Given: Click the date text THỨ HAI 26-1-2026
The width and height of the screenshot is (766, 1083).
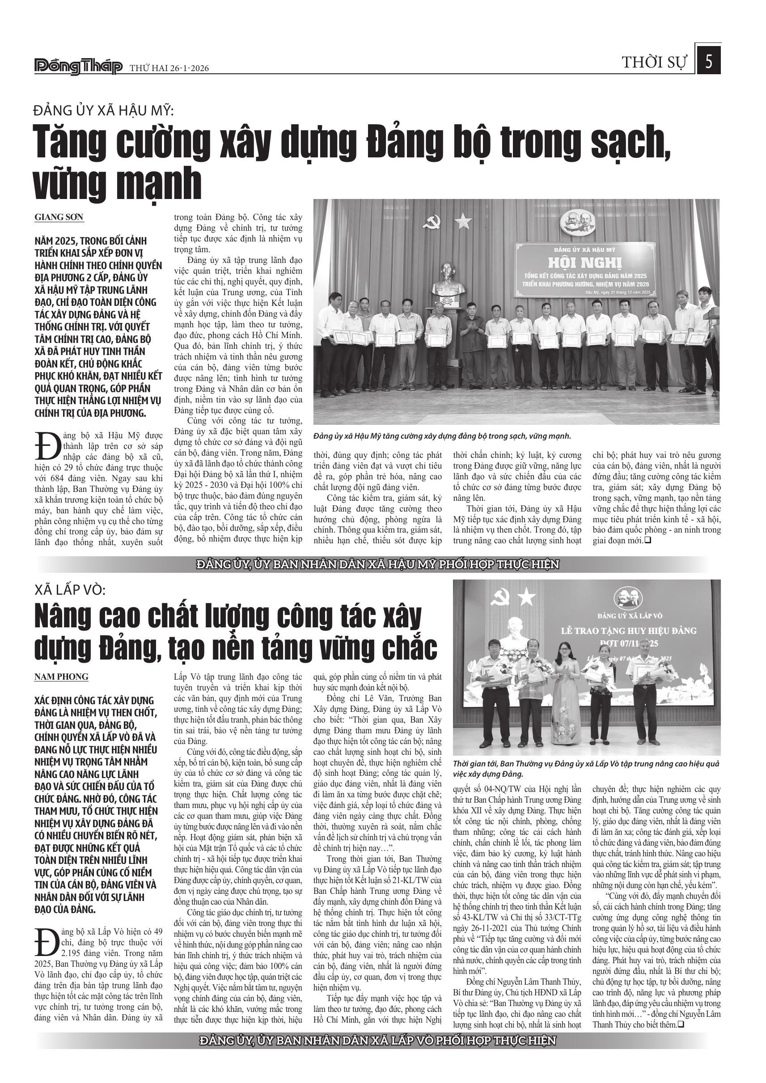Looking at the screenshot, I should [169, 68].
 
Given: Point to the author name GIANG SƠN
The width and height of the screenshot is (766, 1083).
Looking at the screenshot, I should [59, 217].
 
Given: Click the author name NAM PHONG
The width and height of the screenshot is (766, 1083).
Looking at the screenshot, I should [61, 677].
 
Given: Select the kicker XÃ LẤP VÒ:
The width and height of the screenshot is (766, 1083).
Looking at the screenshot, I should [71, 590].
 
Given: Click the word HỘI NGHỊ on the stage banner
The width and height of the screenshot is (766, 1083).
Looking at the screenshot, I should [584, 262].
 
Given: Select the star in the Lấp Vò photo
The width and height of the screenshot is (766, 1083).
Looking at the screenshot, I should [526, 599].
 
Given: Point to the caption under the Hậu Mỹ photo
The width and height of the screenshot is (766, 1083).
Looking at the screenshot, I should [442, 436].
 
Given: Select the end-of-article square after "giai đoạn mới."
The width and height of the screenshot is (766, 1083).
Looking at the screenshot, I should [648, 541].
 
